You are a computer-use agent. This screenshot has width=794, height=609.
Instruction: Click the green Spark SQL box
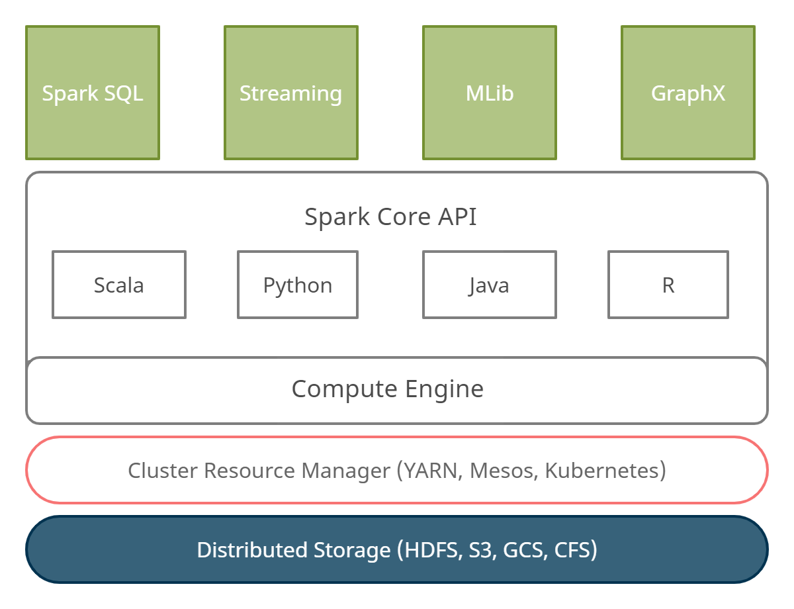point(93,93)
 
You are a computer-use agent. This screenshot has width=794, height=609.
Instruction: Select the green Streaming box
point(291,93)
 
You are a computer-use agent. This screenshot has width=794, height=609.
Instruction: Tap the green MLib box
point(490,93)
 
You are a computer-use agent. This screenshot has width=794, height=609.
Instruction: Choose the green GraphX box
point(688,93)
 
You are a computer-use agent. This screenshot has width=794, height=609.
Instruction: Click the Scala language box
point(119,285)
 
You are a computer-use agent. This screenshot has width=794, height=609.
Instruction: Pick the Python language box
point(298,285)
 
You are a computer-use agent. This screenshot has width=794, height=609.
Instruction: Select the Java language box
point(490,285)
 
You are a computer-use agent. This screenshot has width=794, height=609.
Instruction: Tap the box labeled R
point(668,285)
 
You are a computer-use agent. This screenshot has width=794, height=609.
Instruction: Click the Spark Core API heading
point(390,217)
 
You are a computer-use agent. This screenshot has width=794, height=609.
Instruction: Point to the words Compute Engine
point(387,389)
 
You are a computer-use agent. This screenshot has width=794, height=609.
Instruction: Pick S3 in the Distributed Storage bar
point(482,550)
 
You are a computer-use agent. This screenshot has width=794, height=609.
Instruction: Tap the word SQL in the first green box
point(124,93)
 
